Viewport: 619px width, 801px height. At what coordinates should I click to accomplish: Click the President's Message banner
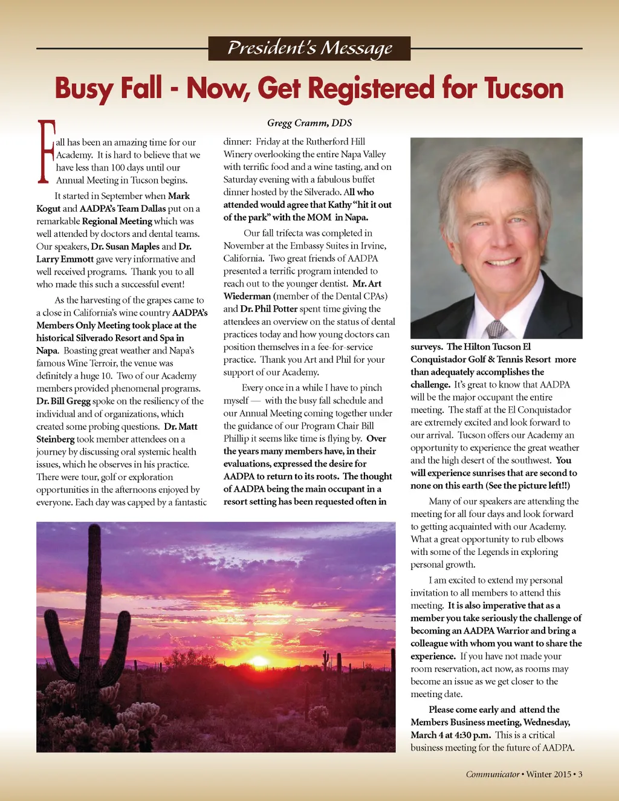pyautogui.click(x=309, y=48)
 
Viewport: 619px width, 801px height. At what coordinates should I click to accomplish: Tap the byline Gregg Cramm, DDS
pyautogui.click(x=309, y=123)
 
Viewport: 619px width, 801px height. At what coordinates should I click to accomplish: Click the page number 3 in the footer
pyautogui.click(x=580, y=774)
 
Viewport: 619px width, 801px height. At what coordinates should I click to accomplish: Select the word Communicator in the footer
pyautogui.click(x=493, y=774)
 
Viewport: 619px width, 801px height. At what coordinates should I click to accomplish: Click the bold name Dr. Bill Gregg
pyautogui.click(x=63, y=401)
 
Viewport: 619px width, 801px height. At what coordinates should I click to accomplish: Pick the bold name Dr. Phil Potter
pyautogui.click(x=269, y=309)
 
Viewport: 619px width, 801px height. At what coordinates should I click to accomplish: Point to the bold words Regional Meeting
pyautogui.click(x=117, y=221)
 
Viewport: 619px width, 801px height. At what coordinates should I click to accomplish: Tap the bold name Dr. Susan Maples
pyautogui.click(x=125, y=247)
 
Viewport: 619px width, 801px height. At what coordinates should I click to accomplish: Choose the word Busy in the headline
pyautogui.click(x=84, y=88)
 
